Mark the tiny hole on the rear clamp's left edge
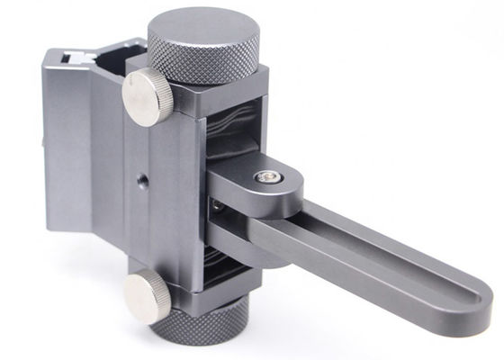(44, 141)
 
